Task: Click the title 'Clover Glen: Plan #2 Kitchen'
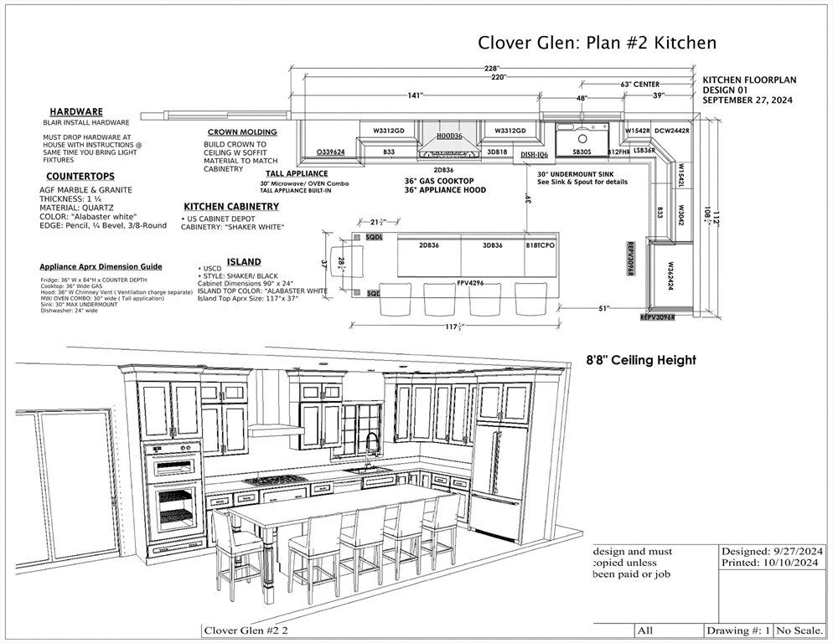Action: click(x=597, y=43)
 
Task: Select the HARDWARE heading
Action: click(x=76, y=111)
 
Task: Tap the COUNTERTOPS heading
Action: click(x=80, y=177)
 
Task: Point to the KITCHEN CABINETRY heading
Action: click(x=231, y=206)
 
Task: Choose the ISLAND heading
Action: click(x=244, y=261)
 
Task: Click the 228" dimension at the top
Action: click(x=492, y=68)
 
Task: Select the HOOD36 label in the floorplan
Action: click(x=449, y=135)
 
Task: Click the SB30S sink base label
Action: click(x=582, y=152)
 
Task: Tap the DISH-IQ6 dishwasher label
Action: click(x=534, y=155)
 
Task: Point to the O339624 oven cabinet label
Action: click(x=330, y=152)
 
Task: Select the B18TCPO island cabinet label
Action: click(x=541, y=245)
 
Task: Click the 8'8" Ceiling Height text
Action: click(x=640, y=360)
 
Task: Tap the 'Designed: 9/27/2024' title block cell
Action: click(x=772, y=551)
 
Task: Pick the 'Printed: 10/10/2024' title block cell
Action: click(x=772, y=563)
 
